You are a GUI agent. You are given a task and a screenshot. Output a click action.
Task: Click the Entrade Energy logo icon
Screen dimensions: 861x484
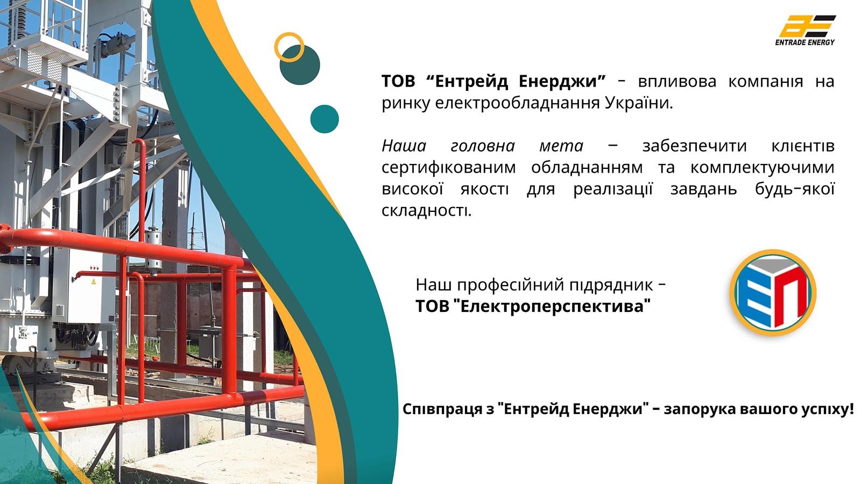808,26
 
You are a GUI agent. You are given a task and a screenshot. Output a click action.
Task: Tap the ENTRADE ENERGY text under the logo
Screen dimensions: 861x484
805,42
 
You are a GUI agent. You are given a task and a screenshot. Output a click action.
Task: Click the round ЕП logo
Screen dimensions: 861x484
773,293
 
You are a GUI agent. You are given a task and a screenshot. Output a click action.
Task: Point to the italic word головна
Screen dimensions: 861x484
483,146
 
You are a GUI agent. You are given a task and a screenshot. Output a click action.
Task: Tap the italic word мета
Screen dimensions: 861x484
561,146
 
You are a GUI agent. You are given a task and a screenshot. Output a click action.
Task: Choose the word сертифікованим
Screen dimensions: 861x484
449,168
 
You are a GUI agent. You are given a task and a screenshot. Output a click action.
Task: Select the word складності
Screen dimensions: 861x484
426,210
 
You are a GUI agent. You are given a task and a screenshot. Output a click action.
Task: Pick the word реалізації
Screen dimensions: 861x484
613,189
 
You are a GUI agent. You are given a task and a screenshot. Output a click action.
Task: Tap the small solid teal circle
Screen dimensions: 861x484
324,119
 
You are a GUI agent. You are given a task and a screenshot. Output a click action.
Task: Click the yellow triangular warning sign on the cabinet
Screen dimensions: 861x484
93,282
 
